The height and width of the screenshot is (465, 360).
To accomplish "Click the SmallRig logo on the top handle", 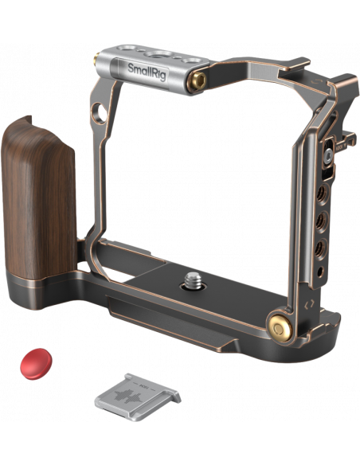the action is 148,72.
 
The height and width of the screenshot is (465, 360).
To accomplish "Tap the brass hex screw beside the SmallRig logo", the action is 198,80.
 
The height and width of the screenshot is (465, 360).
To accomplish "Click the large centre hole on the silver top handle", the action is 161,54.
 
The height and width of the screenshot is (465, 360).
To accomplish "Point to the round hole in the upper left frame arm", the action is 100,113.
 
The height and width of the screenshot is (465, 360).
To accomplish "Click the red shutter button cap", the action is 36,364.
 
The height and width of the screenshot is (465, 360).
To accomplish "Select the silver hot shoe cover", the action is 138,397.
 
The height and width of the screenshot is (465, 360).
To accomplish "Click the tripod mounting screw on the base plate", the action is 193,281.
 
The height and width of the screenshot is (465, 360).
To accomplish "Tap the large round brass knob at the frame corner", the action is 280,328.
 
